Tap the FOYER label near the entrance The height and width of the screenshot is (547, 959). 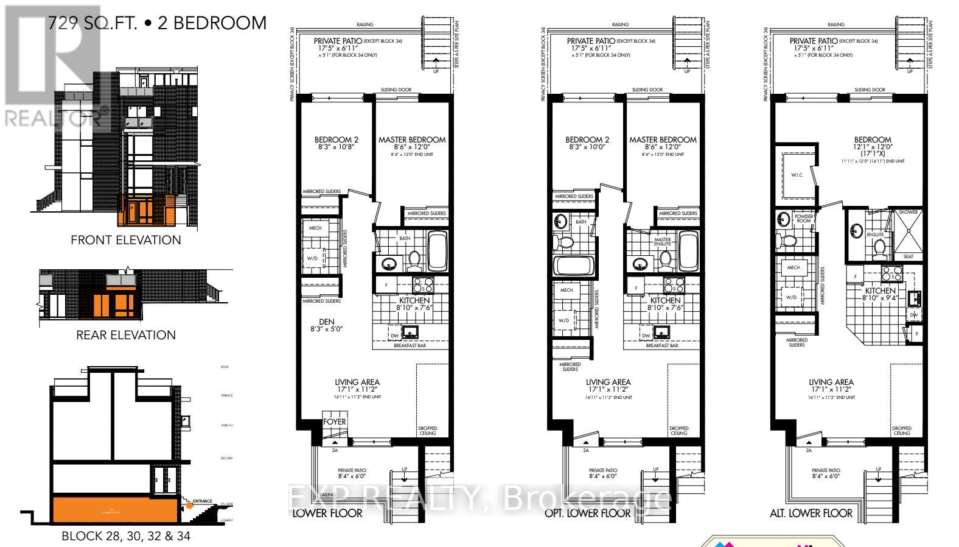point(335,422)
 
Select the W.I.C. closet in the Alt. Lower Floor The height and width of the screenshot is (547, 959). point(797,175)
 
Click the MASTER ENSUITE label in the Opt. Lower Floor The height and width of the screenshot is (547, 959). point(662,242)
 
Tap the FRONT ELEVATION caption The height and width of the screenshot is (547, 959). point(126,240)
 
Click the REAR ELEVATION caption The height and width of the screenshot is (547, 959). point(126,335)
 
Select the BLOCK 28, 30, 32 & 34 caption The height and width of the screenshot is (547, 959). point(126,537)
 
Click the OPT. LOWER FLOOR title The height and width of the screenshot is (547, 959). point(587,513)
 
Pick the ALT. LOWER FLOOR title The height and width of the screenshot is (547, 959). point(811,513)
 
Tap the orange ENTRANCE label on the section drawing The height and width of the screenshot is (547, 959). point(201,501)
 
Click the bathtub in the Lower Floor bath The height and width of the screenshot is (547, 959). point(438,251)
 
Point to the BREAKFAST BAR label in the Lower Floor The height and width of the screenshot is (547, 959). point(408,345)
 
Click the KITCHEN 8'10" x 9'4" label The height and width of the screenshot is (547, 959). point(879,294)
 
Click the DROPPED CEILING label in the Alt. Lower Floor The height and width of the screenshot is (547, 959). point(901,431)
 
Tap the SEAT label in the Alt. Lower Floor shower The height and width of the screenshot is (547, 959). point(908,256)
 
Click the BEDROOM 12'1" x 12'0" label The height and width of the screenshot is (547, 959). point(872,143)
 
